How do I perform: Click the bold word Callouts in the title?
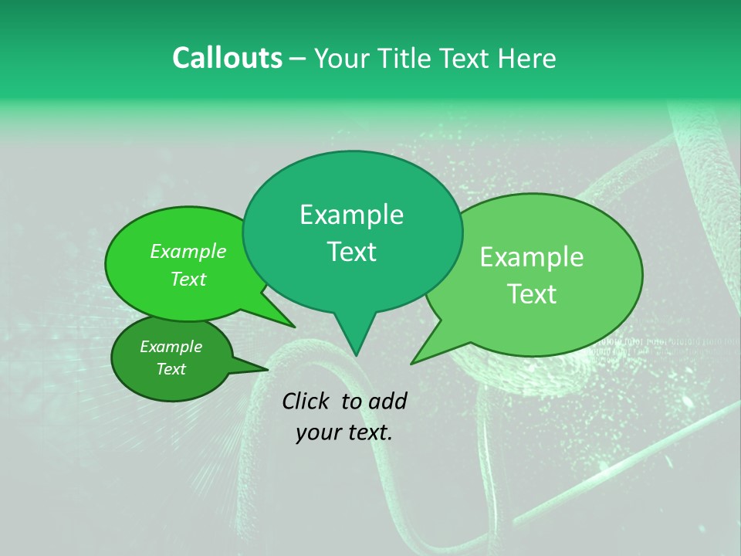pyautogui.click(x=227, y=58)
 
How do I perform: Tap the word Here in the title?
pyautogui.click(x=527, y=58)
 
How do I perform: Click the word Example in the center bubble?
pyautogui.click(x=351, y=215)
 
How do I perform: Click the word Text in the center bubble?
pyautogui.click(x=351, y=252)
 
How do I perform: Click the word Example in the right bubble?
pyautogui.click(x=532, y=257)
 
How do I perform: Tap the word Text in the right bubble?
pyautogui.click(x=532, y=294)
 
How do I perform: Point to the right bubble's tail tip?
pyautogui.click(x=411, y=363)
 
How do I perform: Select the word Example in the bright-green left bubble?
pyautogui.click(x=188, y=251)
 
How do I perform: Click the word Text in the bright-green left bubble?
pyautogui.click(x=188, y=279)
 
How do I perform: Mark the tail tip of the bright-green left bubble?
pyautogui.click(x=294, y=327)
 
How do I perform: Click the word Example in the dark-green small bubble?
pyautogui.click(x=171, y=347)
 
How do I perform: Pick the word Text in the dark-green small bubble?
pyautogui.click(x=171, y=369)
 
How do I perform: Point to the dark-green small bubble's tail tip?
pyautogui.click(x=269, y=368)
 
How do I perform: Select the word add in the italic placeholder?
pyautogui.click(x=387, y=401)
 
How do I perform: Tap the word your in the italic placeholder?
pyautogui.click(x=318, y=432)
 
